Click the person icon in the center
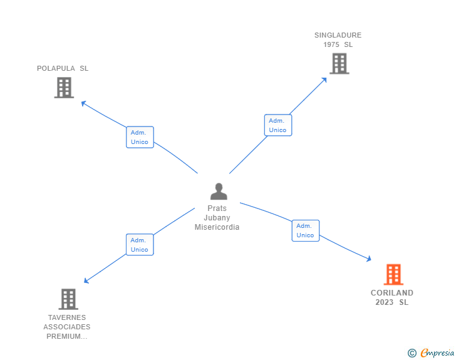point(219,192)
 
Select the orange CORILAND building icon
point(393,274)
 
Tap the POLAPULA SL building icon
point(64,88)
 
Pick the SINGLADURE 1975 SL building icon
point(339,63)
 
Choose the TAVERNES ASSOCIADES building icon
point(68,299)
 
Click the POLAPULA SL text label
point(63,68)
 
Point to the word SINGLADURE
point(338,35)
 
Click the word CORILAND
point(392,292)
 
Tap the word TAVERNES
point(67,317)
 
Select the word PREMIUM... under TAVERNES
point(67,336)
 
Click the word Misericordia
point(217,227)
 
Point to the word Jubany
point(217,218)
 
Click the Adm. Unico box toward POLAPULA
point(140,137)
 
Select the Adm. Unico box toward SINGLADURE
point(277,125)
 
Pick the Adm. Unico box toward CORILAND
point(305,230)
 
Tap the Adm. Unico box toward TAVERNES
point(139,244)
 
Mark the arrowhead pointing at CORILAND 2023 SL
point(369,259)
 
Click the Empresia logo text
point(437,352)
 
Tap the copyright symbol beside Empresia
point(412,353)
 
